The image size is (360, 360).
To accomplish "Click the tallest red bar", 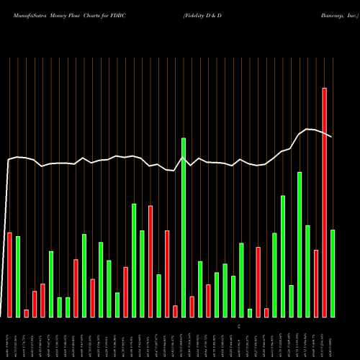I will pyautogui.click(x=324, y=202).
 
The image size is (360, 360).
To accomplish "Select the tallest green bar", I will pyautogui.click(x=184, y=227).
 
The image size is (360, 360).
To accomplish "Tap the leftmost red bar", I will pyautogui.click(x=9, y=274).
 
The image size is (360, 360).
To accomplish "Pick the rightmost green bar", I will pyautogui.click(x=333, y=273).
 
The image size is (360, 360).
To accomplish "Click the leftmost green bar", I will pyautogui.click(x=18, y=276).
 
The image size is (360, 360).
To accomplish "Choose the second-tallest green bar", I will pyautogui.click(x=300, y=244).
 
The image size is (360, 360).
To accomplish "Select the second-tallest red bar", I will pyautogui.click(x=150, y=261).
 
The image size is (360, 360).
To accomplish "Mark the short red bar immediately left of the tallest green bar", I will pyautogui.click(x=175, y=311).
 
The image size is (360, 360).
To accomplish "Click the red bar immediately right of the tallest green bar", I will pyautogui.click(x=192, y=306).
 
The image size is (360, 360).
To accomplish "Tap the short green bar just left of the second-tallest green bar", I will pyautogui.click(x=291, y=301).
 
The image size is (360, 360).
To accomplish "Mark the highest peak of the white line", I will pyautogui.click(x=308, y=129).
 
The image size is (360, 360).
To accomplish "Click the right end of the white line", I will pyautogui.click(x=332, y=137).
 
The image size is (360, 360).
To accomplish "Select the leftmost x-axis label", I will pyautogui.click(x=9, y=338).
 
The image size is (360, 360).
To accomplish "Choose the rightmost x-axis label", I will pyautogui.click(x=333, y=338).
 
